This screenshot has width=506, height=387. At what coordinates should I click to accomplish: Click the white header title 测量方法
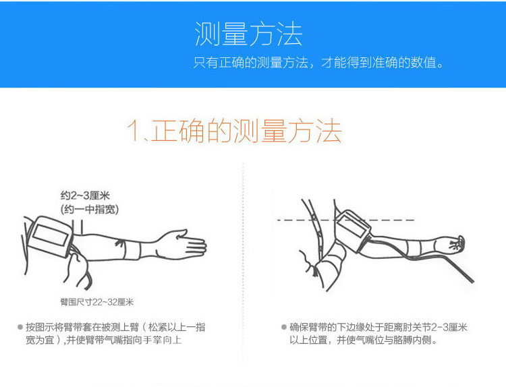(248, 34)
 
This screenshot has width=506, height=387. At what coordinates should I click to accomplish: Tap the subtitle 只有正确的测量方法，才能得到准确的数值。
(318, 62)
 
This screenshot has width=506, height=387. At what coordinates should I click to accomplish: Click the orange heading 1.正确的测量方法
(235, 131)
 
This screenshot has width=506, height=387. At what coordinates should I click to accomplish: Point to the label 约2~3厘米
(85, 196)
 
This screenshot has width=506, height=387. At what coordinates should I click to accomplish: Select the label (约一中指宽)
(90, 209)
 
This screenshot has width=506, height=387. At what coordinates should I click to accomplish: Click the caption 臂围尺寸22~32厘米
(96, 302)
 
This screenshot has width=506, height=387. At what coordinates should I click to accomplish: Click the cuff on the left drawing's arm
(51, 236)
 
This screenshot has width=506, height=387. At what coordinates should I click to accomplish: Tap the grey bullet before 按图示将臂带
(20, 327)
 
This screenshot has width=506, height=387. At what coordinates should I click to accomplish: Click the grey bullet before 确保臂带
(284, 327)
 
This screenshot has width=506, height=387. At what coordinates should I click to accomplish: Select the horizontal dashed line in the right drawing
(345, 220)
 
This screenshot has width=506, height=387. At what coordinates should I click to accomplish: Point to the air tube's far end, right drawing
(472, 282)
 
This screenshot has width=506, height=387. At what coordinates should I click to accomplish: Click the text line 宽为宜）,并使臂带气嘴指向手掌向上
(104, 340)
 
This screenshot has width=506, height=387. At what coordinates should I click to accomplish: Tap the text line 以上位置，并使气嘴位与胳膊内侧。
(364, 340)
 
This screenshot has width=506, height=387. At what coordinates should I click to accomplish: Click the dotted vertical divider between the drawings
(243, 263)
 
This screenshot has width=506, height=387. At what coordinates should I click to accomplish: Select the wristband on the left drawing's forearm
(132, 250)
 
